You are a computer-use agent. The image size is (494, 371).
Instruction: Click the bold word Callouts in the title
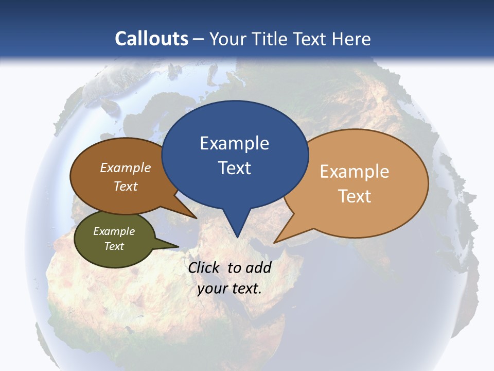[151, 39]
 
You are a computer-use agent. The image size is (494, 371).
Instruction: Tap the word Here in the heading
[351, 39]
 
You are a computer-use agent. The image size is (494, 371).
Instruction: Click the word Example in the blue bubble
[234, 143]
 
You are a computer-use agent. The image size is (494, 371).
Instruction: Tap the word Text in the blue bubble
[234, 168]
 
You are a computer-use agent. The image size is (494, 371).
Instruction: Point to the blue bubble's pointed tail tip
[237, 237]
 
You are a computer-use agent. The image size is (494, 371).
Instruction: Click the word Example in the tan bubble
[355, 172]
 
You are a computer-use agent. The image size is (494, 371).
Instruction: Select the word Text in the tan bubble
[355, 196]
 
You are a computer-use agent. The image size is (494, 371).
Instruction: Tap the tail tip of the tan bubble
[275, 242]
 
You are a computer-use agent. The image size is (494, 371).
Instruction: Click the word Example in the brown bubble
[126, 167]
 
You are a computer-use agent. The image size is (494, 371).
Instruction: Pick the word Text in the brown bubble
[126, 186]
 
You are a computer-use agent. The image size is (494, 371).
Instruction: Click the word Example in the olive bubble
[114, 231]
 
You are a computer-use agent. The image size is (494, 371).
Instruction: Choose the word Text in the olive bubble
[114, 246]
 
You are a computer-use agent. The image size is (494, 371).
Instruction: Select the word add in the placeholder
[258, 267]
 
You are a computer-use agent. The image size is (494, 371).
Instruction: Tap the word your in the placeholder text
[211, 289]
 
